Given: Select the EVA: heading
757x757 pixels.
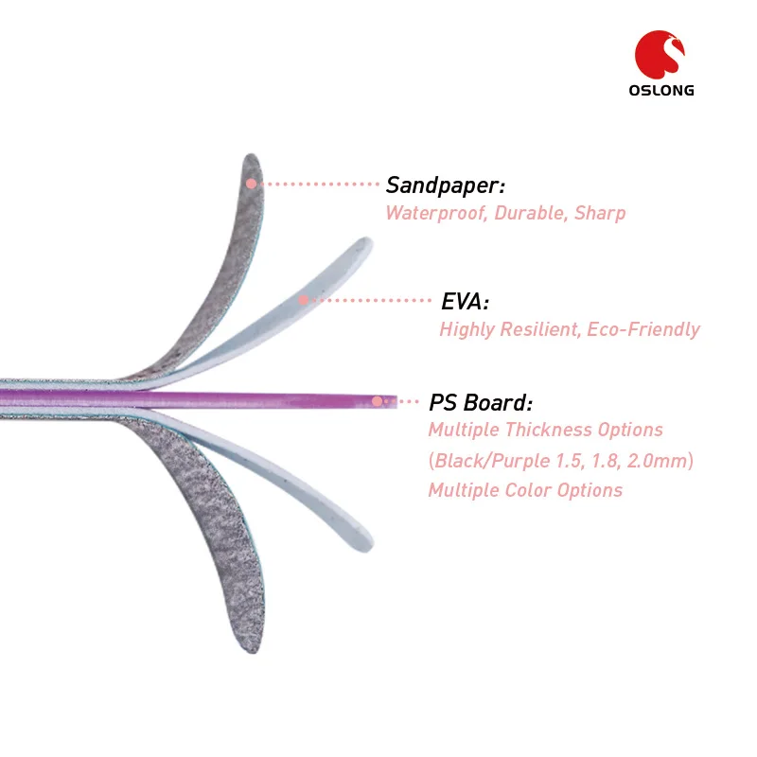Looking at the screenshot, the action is [x=466, y=302].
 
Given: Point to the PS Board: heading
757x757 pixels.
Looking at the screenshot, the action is [x=481, y=401].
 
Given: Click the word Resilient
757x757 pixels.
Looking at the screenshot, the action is [x=537, y=329].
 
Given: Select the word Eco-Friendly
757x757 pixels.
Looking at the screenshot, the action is [x=643, y=329].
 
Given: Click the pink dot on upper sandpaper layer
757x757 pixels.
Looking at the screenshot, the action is [x=251, y=183].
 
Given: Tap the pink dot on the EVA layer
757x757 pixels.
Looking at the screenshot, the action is [x=303, y=300].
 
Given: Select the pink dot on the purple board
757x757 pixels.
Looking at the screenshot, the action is [x=378, y=401].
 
